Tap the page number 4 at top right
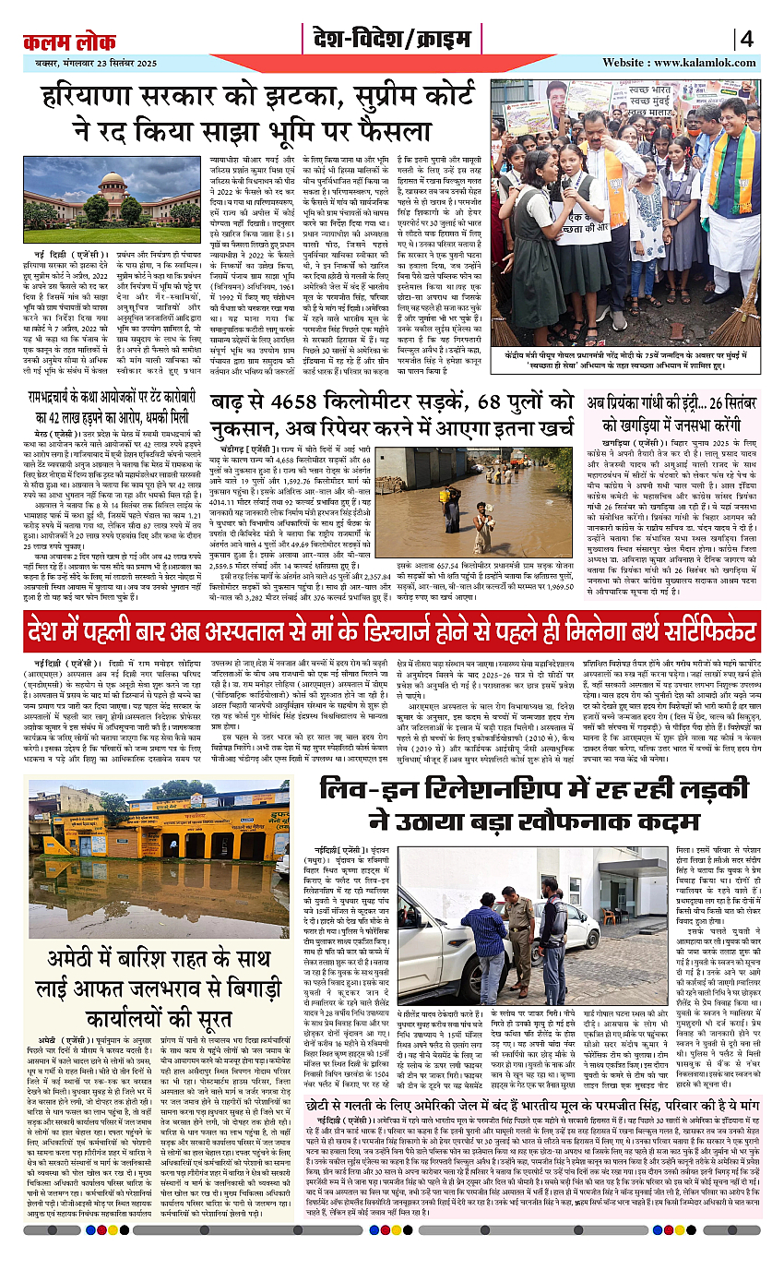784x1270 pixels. [x=747, y=40]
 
